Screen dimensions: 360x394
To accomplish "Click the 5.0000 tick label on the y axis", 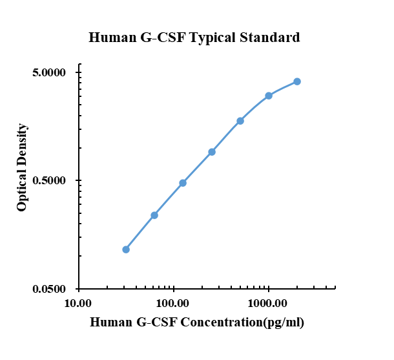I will [x=50, y=72].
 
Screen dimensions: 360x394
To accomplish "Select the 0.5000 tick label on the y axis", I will [x=50, y=180].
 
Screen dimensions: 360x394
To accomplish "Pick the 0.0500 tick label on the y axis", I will [x=50, y=289].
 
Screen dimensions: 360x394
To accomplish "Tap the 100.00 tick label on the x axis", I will [x=173, y=303].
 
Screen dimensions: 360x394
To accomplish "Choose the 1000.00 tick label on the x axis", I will [x=267, y=303].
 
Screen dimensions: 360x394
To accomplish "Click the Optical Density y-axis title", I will [x=22, y=167].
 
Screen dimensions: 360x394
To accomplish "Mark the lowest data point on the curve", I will [x=126, y=249].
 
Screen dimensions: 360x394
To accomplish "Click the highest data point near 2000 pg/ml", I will [x=297, y=81].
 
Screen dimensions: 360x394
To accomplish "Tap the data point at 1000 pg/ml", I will [x=269, y=96].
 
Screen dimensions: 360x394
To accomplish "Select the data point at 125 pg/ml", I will [x=183, y=183].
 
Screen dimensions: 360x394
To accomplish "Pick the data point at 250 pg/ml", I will [x=212, y=152].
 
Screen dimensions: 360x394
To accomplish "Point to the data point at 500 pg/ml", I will [x=240, y=121].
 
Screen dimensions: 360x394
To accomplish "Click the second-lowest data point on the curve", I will [x=154, y=215].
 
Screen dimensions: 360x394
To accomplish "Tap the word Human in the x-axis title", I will [x=110, y=322].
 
